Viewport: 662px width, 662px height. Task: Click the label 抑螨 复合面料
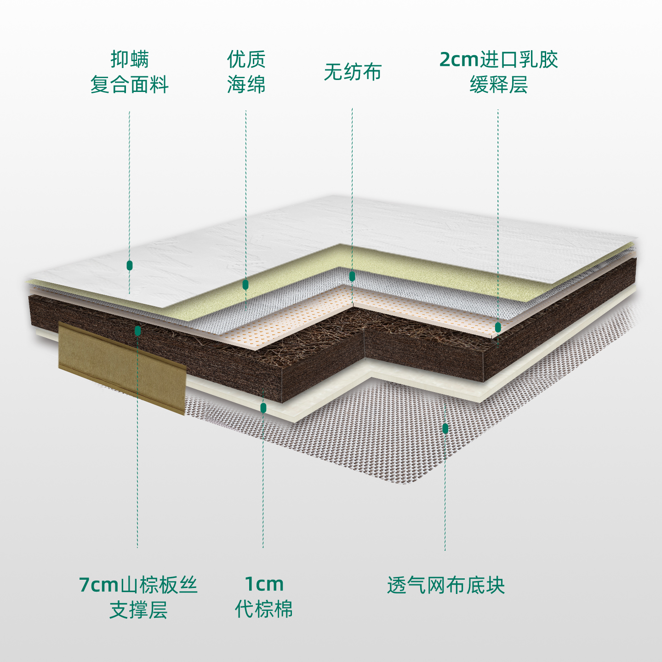130,72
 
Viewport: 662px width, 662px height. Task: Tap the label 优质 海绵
246,72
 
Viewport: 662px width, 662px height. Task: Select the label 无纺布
353,72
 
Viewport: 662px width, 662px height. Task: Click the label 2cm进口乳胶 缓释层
499,72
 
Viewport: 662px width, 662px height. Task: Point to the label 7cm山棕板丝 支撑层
138,597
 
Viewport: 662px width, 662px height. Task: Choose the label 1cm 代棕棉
263,597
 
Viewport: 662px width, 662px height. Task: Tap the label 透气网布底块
445,585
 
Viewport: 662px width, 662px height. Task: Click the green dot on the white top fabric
130,265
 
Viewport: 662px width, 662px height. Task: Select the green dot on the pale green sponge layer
245,285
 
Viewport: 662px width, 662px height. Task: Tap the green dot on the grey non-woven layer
352,276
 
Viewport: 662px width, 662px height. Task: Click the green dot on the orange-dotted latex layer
498,327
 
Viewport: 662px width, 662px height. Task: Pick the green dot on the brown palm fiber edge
137,331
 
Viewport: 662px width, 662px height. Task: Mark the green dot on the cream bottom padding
263,408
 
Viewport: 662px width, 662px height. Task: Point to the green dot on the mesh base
445,429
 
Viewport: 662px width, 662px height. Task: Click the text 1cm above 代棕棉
264,584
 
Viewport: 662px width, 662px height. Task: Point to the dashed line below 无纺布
352,184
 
